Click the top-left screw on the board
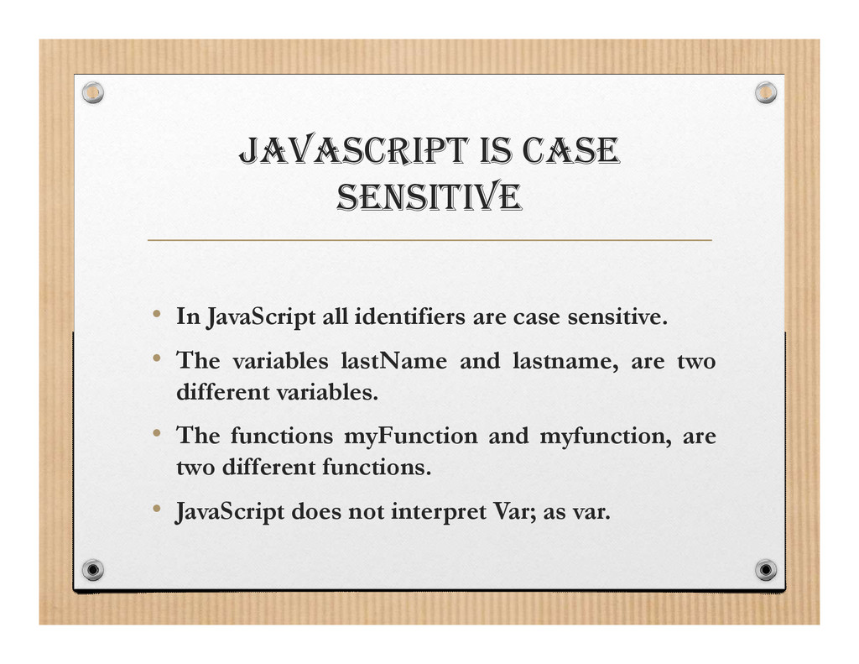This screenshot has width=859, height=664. click(93, 92)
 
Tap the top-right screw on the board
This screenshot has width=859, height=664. click(765, 92)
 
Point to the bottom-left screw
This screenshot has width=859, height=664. click(93, 570)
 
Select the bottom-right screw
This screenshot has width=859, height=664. click(765, 570)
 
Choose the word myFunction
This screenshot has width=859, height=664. click(410, 437)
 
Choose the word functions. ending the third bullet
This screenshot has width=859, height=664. click(377, 468)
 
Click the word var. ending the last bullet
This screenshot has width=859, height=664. click(591, 512)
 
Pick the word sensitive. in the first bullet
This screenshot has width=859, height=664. click(617, 317)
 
